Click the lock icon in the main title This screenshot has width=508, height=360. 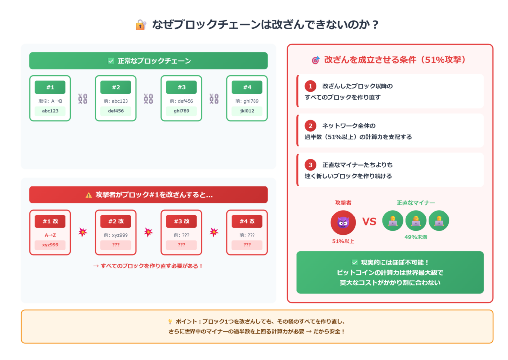click(141, 25)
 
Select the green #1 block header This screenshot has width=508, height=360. click(50, 87)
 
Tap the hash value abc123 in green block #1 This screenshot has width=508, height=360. click(50, 111)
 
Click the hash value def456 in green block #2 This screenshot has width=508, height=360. click(116, 111)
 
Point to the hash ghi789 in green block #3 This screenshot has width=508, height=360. click(181, 111)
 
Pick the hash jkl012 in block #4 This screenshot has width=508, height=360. click(247, 111)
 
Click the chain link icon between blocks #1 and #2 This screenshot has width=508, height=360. click(83, 99)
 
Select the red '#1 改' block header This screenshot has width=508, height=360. click(50, 221)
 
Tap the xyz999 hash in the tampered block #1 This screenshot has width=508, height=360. click(50, 245)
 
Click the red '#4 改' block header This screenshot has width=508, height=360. click(247, 221)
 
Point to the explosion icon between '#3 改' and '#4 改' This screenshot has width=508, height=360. click(214, 232)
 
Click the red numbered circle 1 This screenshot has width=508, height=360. click(310, 86)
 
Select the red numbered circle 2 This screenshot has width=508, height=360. click(310, 126)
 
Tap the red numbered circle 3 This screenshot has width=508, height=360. click(310, 165)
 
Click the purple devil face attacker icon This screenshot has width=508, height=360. click(343, 222)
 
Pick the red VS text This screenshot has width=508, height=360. click(369, 222)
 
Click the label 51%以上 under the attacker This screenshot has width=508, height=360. click(343, 241)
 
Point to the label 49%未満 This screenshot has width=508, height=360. click(416, 237)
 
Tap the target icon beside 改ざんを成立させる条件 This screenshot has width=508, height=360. click(316, 60)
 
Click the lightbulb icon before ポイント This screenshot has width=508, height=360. click(170, 322)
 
